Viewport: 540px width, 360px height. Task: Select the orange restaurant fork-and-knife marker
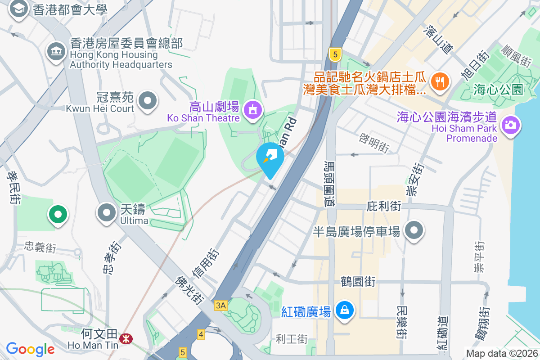pos(438,81)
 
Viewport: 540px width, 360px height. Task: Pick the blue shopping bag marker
pos(344,310)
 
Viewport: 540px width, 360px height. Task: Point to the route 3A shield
pos(221,306)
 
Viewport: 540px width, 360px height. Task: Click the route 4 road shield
pos(201,334)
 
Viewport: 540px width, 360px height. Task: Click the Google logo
pos(30,349)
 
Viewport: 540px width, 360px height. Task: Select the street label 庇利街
pos(383,207)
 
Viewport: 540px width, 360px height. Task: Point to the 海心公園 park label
pos(499,90)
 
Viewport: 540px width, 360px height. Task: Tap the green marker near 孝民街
pos(58,215)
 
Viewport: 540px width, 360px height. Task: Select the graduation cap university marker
pos(19,9)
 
